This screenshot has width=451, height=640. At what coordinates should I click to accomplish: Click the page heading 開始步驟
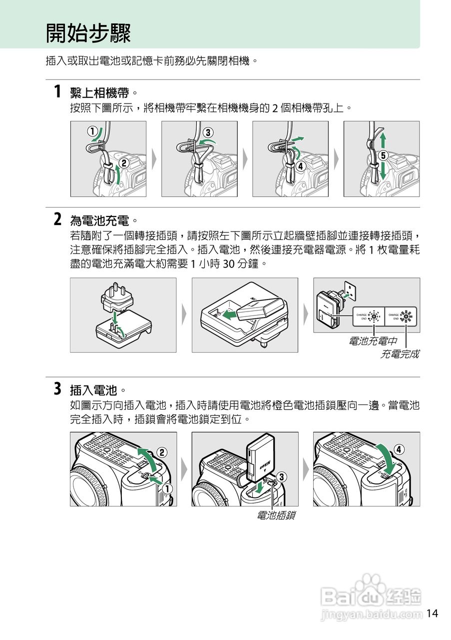(88, 33)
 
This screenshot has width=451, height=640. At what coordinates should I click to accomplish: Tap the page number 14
(432, 613)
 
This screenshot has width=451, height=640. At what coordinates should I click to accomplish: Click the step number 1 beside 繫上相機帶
(57, 92)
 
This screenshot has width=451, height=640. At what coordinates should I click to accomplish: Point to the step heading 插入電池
(94, 389)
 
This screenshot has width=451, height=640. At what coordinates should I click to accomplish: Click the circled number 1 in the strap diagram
(92, 131)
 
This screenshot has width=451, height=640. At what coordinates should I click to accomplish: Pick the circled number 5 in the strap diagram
(383, 155)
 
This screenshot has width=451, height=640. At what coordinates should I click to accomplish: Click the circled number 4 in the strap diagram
(300, 166)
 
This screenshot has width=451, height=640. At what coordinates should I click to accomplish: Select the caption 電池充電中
(373, 341)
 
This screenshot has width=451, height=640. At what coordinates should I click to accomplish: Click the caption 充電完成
(400, 354)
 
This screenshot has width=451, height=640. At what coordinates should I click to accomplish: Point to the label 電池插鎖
(275, 515)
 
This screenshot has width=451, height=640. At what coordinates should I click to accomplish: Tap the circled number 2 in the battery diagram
(162, 452)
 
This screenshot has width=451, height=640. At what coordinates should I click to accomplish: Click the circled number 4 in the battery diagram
(400, 448)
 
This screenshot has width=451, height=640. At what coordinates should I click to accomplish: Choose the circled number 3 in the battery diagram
(282, 477)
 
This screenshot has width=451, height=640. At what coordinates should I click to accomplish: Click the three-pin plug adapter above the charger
(117, 296)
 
